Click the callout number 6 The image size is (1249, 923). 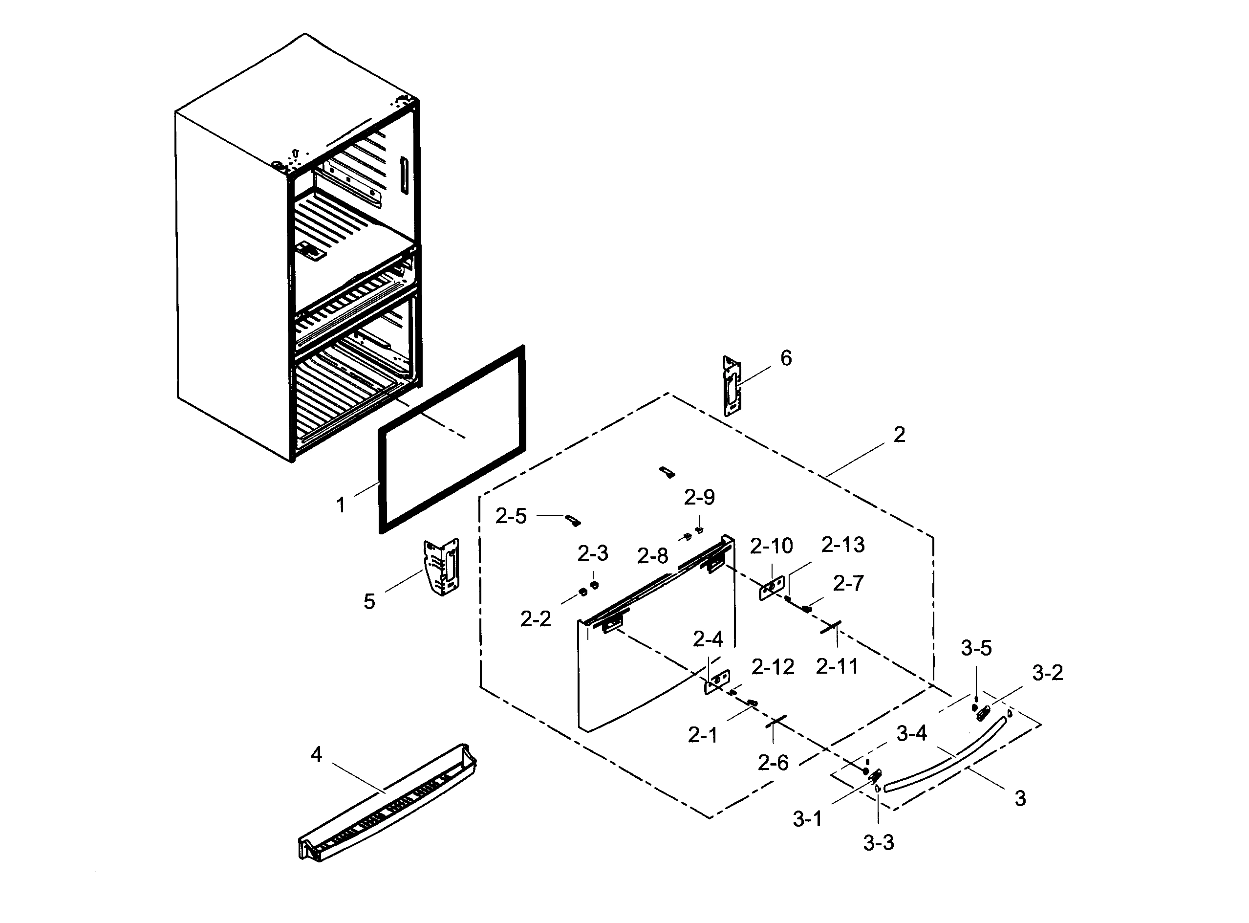786,359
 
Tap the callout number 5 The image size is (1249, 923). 369,602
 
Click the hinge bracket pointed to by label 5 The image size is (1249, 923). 442,567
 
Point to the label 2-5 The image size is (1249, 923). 511,517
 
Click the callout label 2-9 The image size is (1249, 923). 700,497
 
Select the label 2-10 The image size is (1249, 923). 771,547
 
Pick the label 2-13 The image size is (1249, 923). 842,545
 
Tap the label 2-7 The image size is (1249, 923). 848,584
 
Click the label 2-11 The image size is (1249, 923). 837,666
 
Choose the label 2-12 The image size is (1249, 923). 773,667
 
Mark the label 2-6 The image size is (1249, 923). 773,763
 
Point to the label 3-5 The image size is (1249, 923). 976,648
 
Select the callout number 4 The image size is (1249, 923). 316,755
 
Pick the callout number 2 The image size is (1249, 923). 899,435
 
